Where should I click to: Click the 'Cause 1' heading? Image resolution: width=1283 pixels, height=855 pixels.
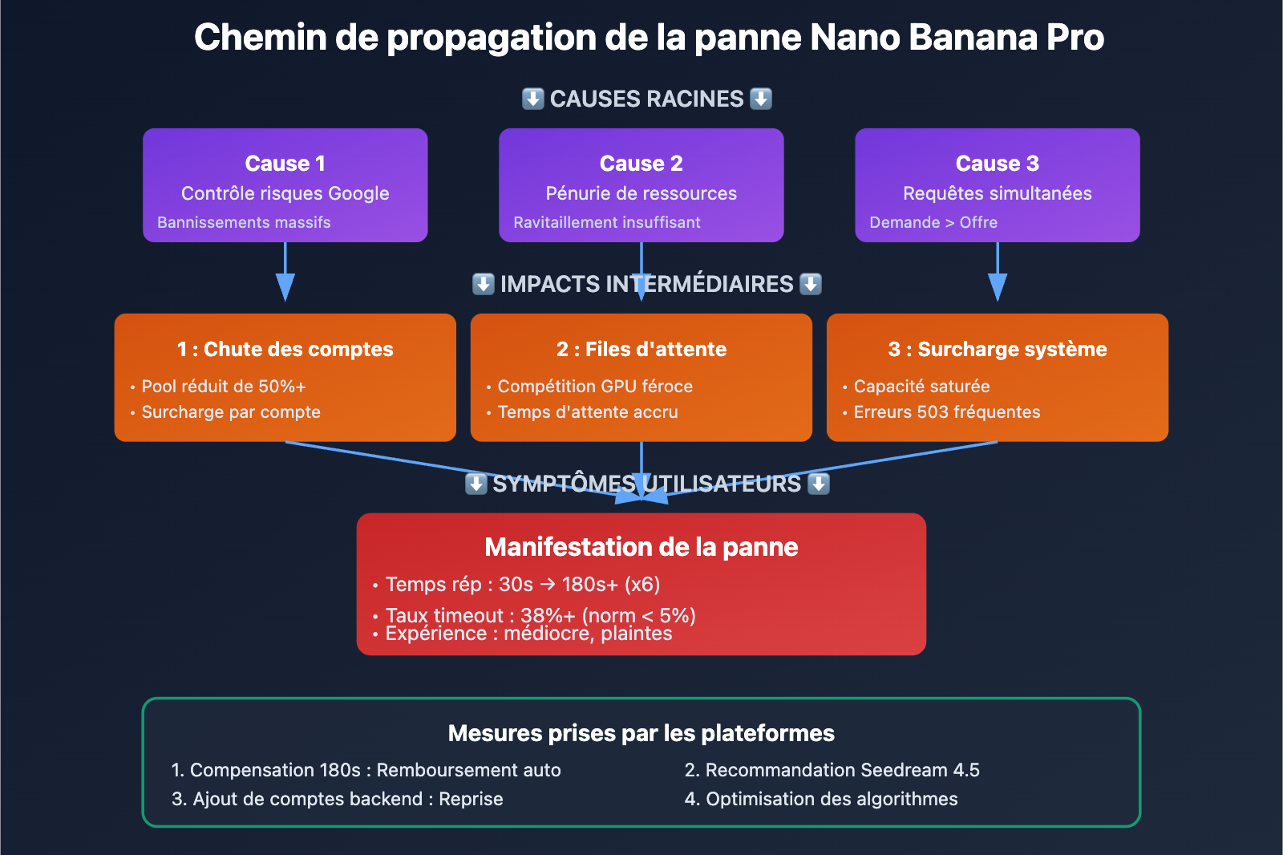pos(285,164)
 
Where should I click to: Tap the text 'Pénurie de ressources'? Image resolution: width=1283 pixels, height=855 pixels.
pos(641,193)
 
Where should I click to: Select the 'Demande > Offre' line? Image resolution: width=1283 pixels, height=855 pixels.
pos(933,222)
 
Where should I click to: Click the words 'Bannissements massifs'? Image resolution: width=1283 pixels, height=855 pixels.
pos(244,222)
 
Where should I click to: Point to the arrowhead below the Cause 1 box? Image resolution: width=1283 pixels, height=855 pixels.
pos(285,286)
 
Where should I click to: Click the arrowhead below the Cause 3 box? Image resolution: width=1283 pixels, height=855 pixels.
pos(997,286)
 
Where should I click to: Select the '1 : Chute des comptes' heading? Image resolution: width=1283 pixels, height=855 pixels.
pos(285,349)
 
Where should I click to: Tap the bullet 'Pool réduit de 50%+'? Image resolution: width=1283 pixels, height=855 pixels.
pos(224,387)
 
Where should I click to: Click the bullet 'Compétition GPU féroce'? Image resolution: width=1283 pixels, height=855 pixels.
pos(595,387)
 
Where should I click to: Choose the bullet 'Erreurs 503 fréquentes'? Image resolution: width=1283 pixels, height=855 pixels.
pos(946,412)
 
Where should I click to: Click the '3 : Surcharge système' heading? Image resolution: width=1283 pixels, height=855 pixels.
pos(997,349)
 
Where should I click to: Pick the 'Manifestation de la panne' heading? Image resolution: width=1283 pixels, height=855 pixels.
pos(641,547)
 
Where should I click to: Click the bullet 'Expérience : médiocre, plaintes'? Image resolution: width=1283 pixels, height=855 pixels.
pos(528,634)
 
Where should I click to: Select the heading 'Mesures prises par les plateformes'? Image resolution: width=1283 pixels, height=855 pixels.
pos(641,733)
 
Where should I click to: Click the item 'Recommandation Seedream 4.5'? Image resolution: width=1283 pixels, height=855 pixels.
pos(842,770)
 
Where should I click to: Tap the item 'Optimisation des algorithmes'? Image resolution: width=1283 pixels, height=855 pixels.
pos(832,799)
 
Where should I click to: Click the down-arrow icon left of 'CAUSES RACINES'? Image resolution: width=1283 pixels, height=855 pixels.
pos(533,99)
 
